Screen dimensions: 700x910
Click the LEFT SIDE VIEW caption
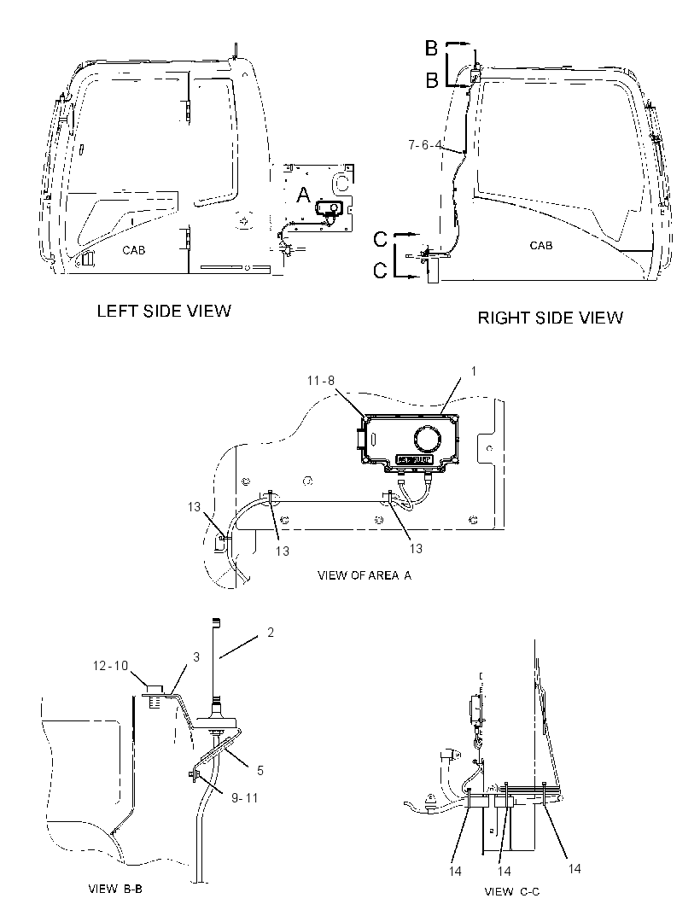tap(164, 311)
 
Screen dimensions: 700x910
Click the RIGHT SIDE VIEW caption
tap(551, 318)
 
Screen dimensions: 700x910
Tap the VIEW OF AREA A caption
tap(365, 575)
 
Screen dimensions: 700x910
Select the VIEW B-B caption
tap(115, 889)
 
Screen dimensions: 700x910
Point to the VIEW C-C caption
tap(512, 891)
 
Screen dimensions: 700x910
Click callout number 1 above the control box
tap(474, 370)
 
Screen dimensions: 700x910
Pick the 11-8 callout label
tap(321, 381)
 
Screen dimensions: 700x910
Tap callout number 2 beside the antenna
tap(271, 632)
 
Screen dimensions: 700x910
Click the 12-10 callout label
tap(110, 666)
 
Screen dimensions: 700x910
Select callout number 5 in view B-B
tap(260, 770)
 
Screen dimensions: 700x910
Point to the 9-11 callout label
tap(244, 798)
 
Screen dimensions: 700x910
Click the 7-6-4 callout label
tap(425, 144)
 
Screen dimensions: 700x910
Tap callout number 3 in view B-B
tap(196, 657)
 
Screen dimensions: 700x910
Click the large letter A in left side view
tap(304, 195)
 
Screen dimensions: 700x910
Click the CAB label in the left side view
tap(133, 250)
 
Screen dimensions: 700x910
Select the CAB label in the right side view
tap(541, 246)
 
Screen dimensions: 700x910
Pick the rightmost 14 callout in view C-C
tap(574, 868)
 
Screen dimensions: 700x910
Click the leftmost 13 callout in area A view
tap(194, 507)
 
